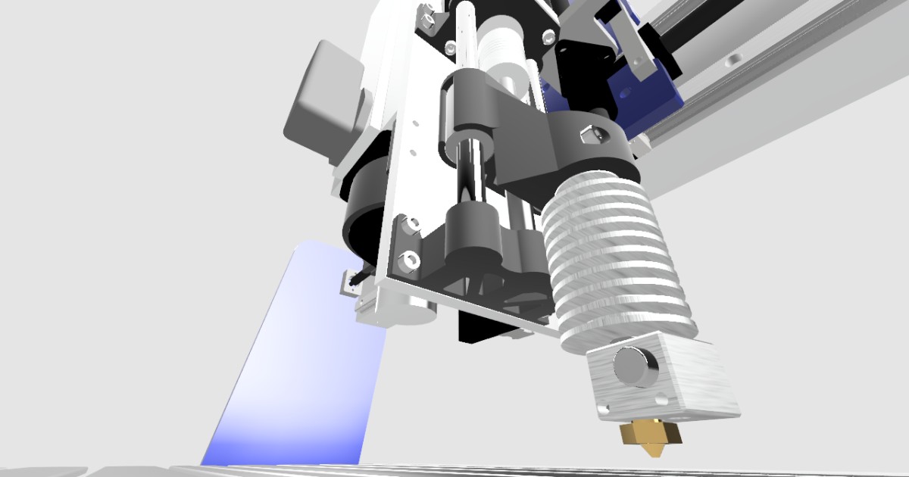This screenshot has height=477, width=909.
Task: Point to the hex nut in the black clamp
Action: pos(590,135)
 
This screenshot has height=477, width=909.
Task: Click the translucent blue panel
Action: pos(303,356)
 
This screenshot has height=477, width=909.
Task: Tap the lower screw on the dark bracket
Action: pos(410,261)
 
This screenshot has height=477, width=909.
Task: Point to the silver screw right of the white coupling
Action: pos(545,36)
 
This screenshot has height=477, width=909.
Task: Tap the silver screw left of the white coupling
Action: pos(453,48)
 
